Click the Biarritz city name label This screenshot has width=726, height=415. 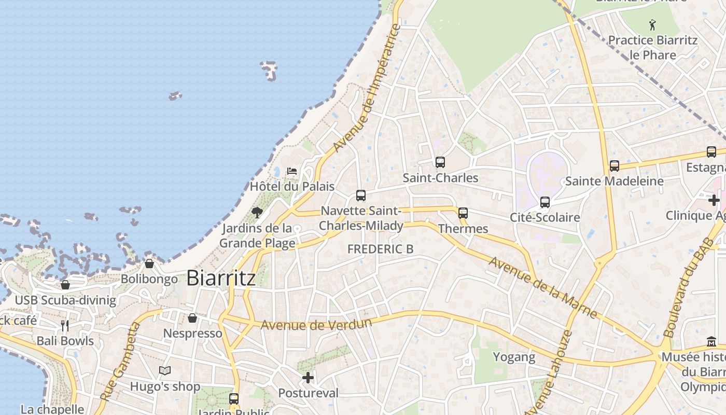pyautogui.click(x=221, y=278)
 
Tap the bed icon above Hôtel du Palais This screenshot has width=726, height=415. pyautogui.click(x=292, y=171)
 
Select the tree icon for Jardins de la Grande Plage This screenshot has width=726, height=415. pyautogui.click(x=257, y=212)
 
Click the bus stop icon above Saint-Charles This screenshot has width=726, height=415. pyautogui.click(x=440, y=162)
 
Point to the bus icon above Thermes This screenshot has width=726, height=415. pyautogui.click(x=463, y=213)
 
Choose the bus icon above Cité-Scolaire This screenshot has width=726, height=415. pyautogui.click(x=544, y=202)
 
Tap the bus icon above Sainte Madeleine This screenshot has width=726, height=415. pyautogui.click(x=615, y=166)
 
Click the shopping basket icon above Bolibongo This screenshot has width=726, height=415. pyautogui.click(x=149, y=264)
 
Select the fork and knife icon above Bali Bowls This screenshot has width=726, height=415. pyautogui.click(x=65, y=326)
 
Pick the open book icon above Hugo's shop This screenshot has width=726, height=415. pyautogui.click(x=165, y=371)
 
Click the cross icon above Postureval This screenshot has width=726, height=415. pyautogui.click(x=308, y=378)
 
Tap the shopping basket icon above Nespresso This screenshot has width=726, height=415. pyautogui.click(x=192, y=318)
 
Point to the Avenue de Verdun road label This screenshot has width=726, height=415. pyautogui.click(x=316, y=325)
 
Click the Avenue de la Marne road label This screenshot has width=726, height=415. pyautogui.click(x=543, y=287)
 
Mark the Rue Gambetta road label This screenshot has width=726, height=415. pyautogui.click(x=119, y=362)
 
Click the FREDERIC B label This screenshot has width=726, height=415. pyautogui.click(x=380, y=249)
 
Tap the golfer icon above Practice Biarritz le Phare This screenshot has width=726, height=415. pyautogui.click(x=652, y=24)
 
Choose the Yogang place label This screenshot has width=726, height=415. pyautogui.click(x=514, y=357)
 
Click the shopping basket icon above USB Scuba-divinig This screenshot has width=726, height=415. pyautogui.click(x=65, y=285)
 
